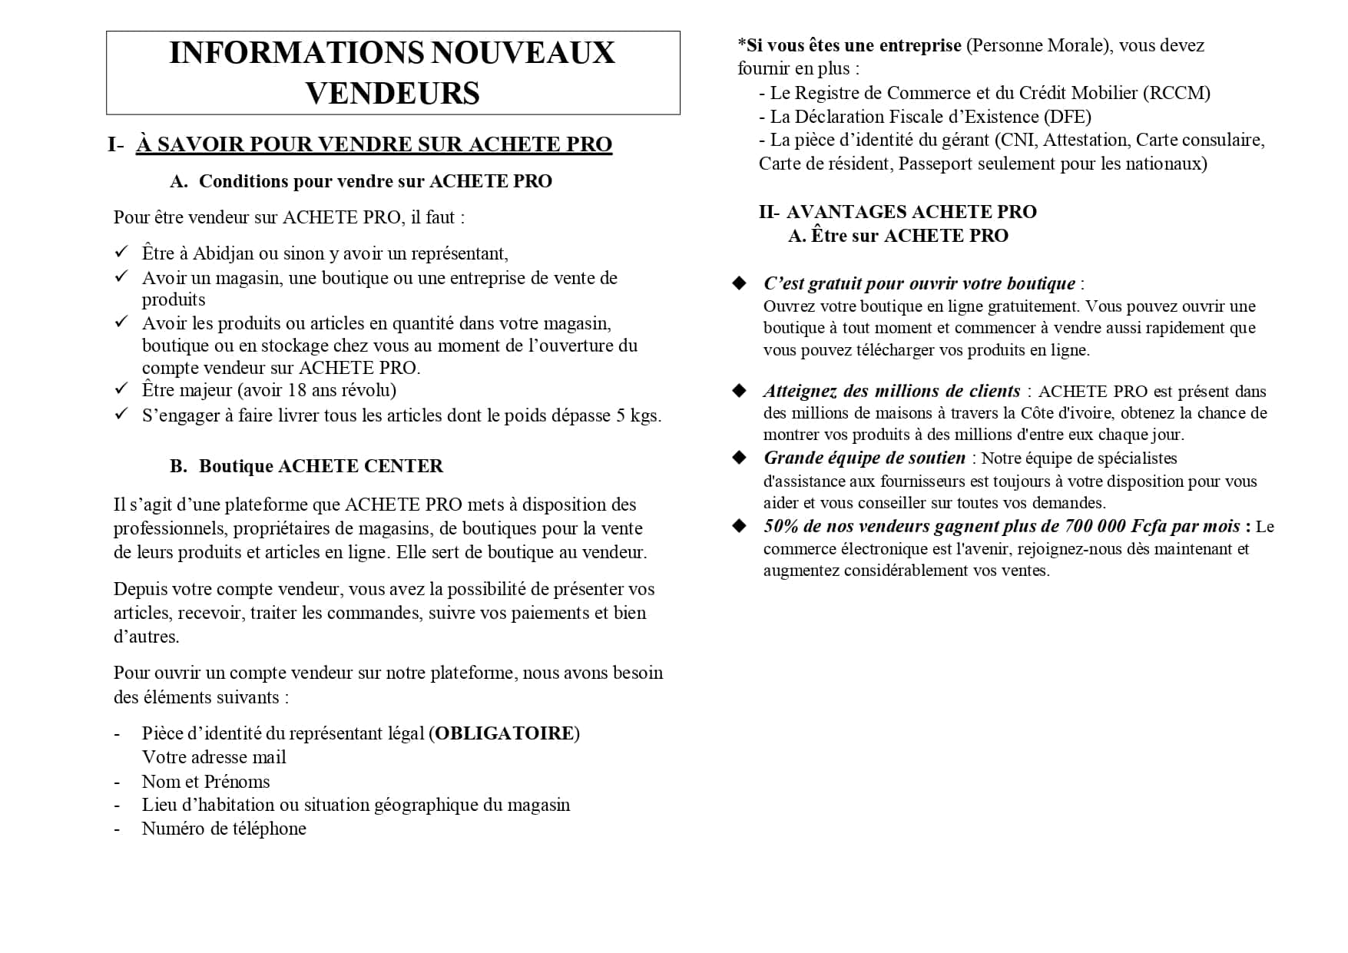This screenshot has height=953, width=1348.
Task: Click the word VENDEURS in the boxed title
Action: (392, 94)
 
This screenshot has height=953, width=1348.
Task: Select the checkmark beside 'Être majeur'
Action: (121, 389)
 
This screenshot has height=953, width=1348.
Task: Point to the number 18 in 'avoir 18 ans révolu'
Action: (296, 390)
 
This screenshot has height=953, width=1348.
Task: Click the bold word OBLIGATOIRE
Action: (504, 733)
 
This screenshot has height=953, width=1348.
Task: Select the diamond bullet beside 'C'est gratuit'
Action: (740, 283)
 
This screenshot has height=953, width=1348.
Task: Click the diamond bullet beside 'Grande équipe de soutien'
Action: (740, 458)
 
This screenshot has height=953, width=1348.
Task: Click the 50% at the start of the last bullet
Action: (781, 526)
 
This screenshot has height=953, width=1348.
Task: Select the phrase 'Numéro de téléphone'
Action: (224, 829)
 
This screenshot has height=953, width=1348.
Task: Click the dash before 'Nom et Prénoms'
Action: (117, 782)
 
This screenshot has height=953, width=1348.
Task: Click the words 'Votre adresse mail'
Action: (214, 757)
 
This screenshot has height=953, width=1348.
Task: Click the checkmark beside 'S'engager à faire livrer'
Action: (121, 415)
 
